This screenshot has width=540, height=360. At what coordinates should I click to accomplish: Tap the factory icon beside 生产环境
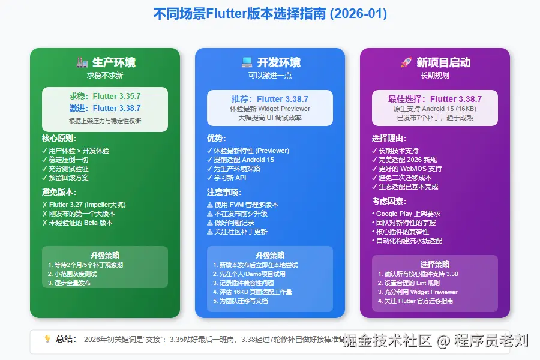pos(82,62)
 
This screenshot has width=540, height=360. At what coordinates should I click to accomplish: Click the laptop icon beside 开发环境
pos(247,62)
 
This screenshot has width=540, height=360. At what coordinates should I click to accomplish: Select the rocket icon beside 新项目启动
pos(405,62)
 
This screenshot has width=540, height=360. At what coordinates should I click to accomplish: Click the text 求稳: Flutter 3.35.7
pos(105,96)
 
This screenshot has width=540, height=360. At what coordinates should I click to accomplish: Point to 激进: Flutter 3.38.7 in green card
pos(105,108)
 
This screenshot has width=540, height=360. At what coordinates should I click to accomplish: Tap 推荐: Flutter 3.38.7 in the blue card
pos(270,99)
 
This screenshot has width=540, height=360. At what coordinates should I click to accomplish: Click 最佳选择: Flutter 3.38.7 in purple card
pos(435,99)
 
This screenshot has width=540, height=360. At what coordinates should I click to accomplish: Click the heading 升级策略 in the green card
pos(105,255)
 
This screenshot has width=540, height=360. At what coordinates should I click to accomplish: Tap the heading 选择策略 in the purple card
pos(435,264)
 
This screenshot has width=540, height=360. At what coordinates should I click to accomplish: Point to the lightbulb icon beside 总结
pos(47,339)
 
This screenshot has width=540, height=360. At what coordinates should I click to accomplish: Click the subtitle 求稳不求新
pos(105,76)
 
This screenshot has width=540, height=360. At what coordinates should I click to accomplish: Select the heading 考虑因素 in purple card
pos(388,202)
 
